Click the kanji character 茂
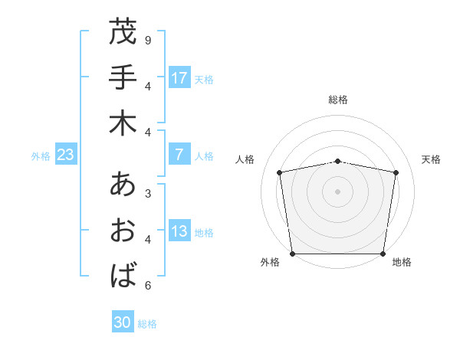pos(123,33)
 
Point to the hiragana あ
pos(123,185)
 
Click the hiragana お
pos(123,231)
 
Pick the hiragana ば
pos(123,275)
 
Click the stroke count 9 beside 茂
pos(148,39)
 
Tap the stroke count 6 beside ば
pos(148,286)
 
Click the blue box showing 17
pos(179,77)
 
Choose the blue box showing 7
pos(179,155)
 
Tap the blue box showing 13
pos(179,232)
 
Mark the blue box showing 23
pos(66,155)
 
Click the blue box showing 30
pos(123,323)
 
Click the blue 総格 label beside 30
pos(148,324)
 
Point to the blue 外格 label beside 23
pos(41,155)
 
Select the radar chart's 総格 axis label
pos(338,100)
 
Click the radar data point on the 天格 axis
pos(396,172)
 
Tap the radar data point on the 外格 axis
pos(293,254)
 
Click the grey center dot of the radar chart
pos(338,191)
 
